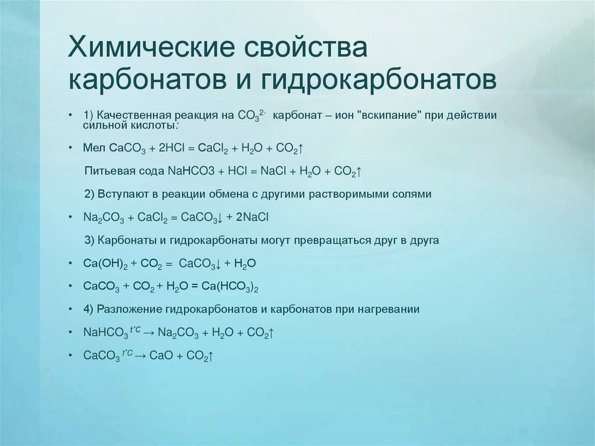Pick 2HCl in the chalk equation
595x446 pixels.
click(169, 148)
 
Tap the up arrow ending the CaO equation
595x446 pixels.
click(213, 355)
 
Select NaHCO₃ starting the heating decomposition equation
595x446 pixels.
click(106, 333)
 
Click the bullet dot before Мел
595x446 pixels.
click(70, 148)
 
